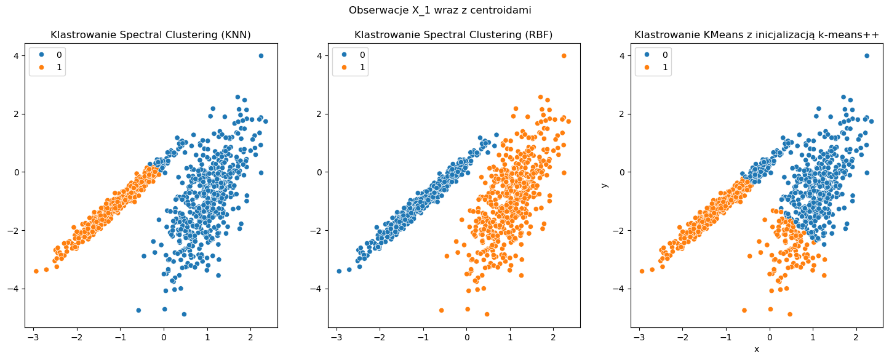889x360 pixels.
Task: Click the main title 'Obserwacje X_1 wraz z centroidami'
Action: click(x=440, y=10)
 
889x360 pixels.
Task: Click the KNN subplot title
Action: click(x=151, y=34)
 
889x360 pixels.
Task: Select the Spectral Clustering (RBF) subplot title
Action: click(x=453, y=34)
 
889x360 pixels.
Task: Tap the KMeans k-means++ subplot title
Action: click(x=757, y=34)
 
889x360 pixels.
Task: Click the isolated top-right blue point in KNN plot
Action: click(x=261, y=56)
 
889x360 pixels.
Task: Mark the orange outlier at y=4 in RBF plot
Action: click(x=564, y=56)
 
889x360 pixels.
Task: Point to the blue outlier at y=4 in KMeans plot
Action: click(x=867, y=56)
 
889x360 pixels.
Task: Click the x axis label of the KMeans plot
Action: click(x=757, y=350)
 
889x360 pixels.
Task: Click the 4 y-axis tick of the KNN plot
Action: click(x=17, y=56)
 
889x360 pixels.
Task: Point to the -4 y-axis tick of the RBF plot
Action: click(x=318, y=289)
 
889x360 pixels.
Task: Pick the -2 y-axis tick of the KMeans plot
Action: click(x=621, y=231)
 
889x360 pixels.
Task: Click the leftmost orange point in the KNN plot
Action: click(x=36, y=271)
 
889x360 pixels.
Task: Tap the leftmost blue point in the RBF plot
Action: click(x=339, y=271)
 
